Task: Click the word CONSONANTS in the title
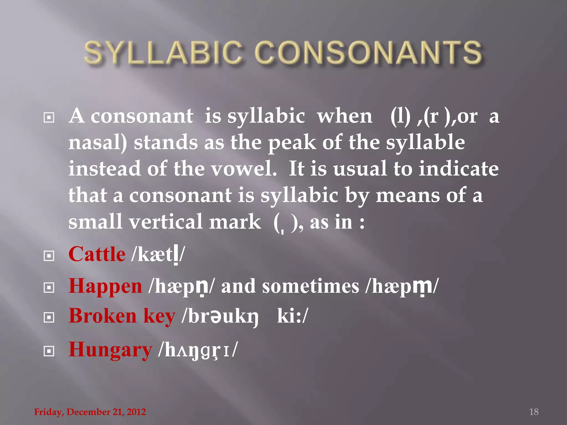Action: pos(368,53)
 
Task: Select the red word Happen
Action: pos(105,286)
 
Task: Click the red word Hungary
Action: pos(110,350)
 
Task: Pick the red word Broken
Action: pos(103,316)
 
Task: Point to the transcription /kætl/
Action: pos(158,255)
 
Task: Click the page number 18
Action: pos(534,412)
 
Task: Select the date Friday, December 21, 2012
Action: pos(90,412)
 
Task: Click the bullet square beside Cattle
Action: pos(49,256)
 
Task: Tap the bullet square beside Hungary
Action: pos(49,351)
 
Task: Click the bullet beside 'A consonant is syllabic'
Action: pos(49,118)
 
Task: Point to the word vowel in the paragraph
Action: pos(244,169)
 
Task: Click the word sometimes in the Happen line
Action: pos(310,287)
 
